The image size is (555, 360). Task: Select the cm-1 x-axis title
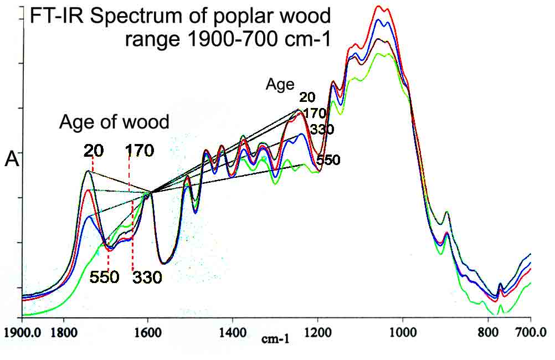pyautogui.click(x=275, y=339)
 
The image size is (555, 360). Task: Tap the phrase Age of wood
pyautogui.click(x=114, y=122)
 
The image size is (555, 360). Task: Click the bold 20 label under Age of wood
pyautogui.click(x=94, y=151)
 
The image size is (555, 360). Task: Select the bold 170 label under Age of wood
pyautogui.click(x=140, y=151)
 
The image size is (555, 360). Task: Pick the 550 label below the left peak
pyautogui.click(x=104, y=277)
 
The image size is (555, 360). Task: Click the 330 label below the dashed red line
pyautogui.click(x=147, y=277)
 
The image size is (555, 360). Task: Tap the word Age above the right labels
pyautogui.click(x=280, y=85)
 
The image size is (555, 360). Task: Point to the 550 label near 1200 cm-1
pyautogui.click(x=328, y=160)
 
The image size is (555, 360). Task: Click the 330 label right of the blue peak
pyautogui.click(x=322, y=129)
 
